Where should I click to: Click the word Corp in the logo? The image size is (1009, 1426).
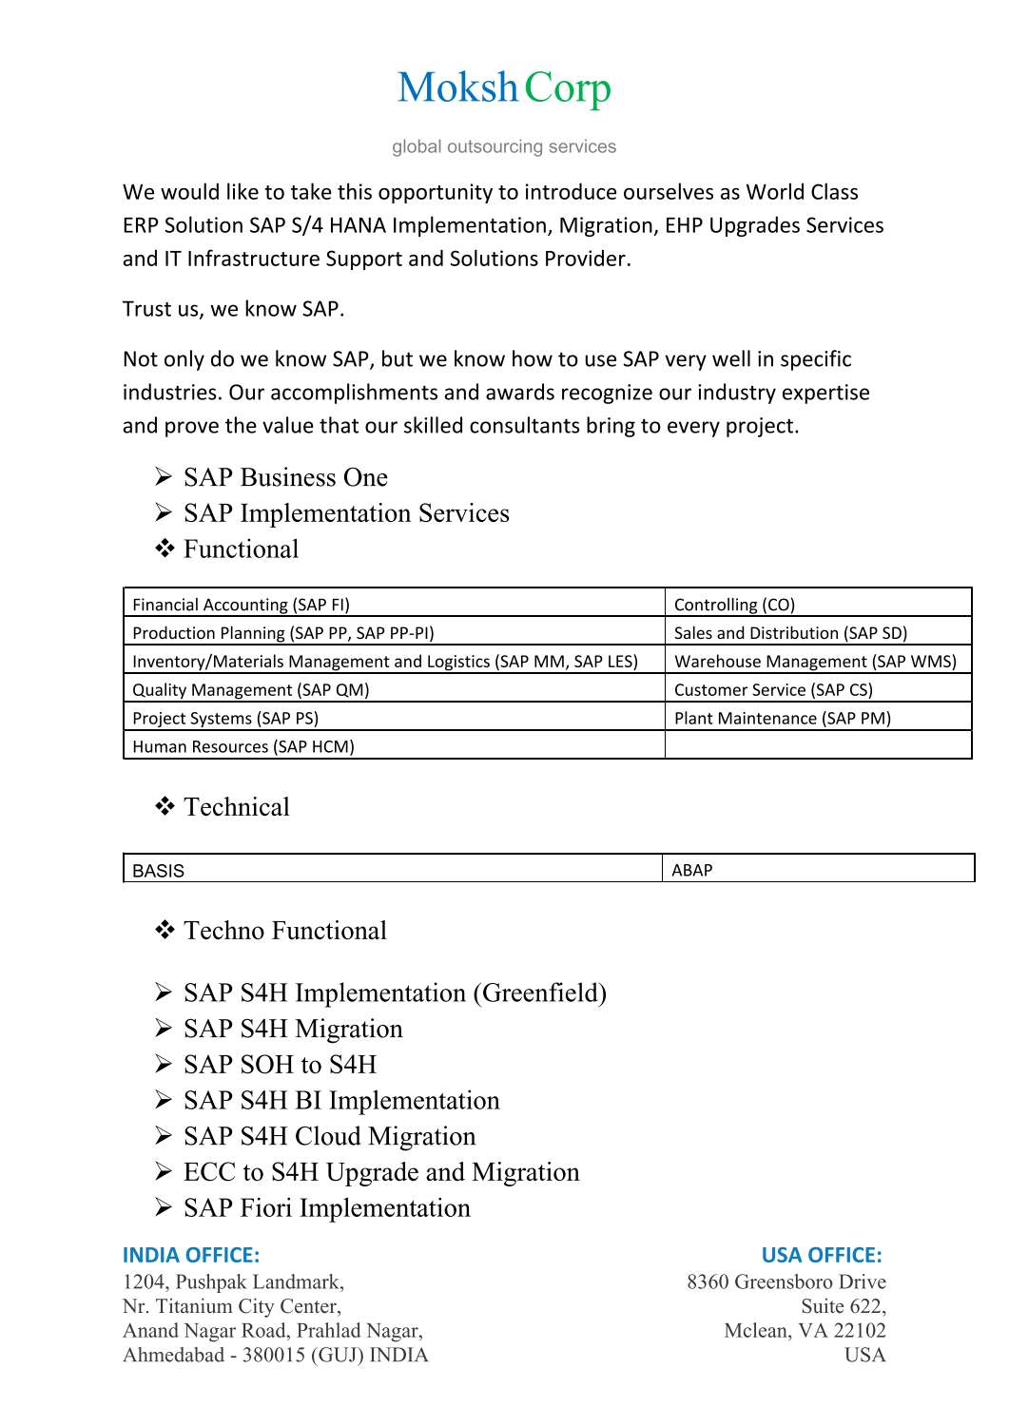tap(567, 89)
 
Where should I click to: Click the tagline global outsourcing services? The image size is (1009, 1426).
tap(504, 146)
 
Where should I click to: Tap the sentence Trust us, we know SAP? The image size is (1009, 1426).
tap(233, 309)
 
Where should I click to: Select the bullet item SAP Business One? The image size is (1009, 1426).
tap(285, 477)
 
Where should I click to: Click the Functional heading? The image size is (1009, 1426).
tap(241, 549)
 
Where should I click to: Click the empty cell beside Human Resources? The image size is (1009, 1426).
tap(817, 745)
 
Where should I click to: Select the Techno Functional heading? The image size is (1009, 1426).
tap(284, 931)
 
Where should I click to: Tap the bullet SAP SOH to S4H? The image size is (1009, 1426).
tap(280, 1065)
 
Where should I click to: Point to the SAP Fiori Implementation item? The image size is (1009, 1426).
tap(326, 1208)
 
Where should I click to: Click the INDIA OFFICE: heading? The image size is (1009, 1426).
tap(191, 1255)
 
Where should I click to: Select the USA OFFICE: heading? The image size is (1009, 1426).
tap(822, 1255)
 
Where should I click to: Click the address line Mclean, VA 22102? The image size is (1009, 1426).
tap(805, 1331)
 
